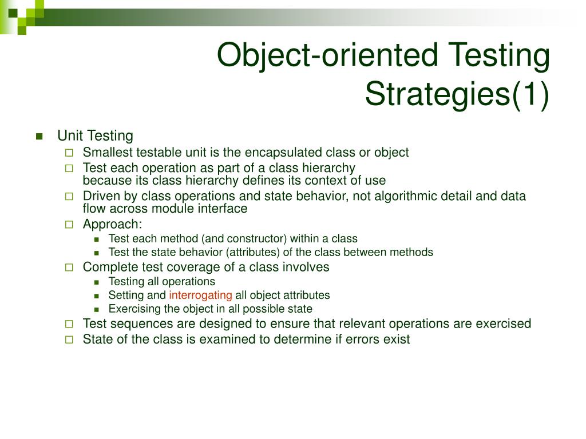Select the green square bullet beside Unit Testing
[x=39, y=136]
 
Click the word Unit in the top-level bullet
[x=69, y=136]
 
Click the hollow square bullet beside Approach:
[x=69, y=225]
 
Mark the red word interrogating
[x=200, y=296]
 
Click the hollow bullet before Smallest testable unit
[x=69, y=153]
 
